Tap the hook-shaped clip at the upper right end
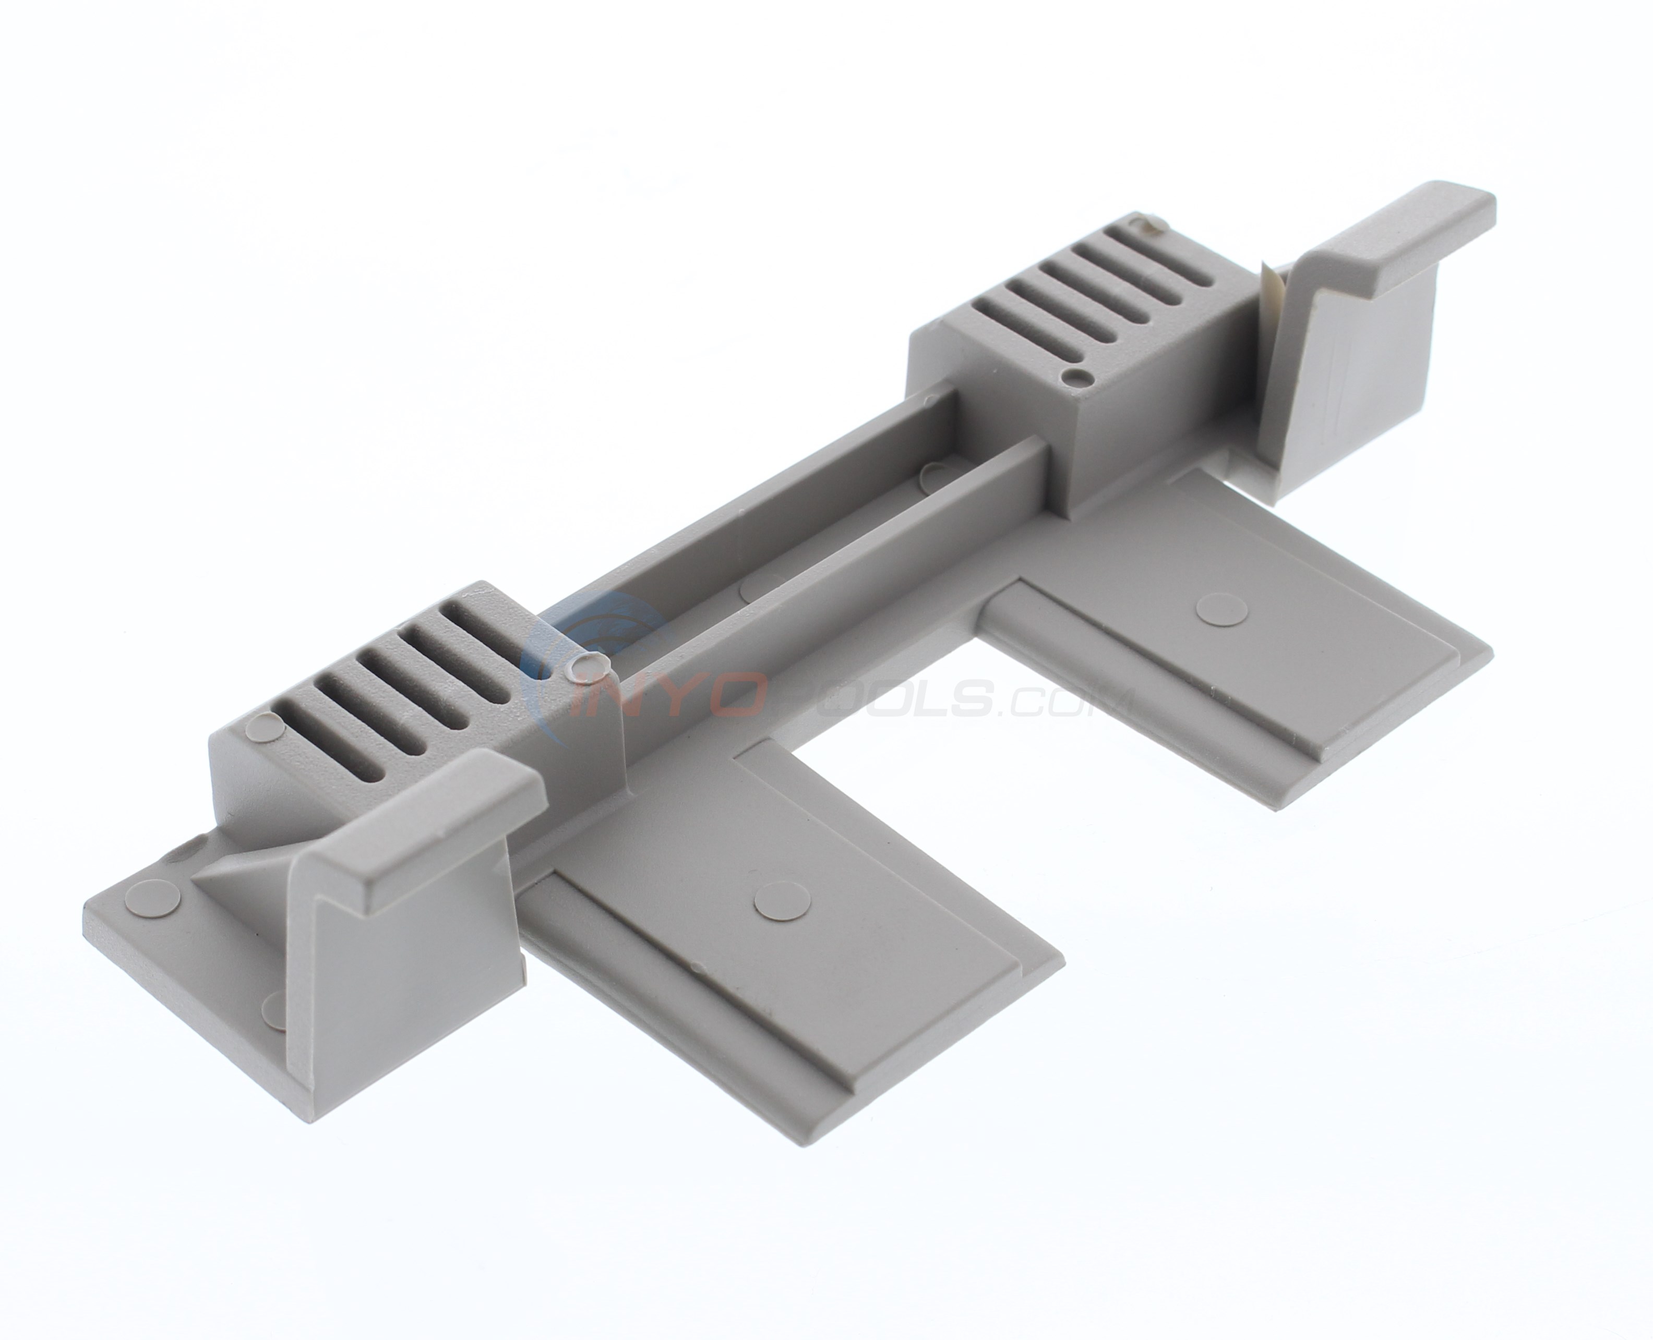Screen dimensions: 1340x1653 [1382, 309]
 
